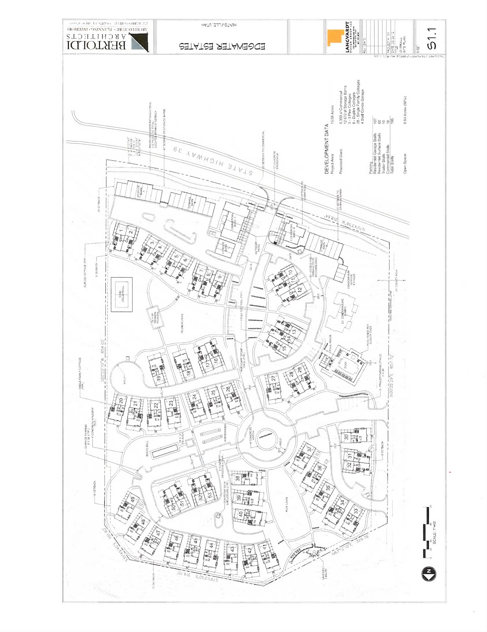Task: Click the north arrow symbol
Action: tap(429, 574)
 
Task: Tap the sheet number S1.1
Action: tap(432, 39)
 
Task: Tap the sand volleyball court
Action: tap(122, 295)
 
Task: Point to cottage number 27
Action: tap(273, 378)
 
